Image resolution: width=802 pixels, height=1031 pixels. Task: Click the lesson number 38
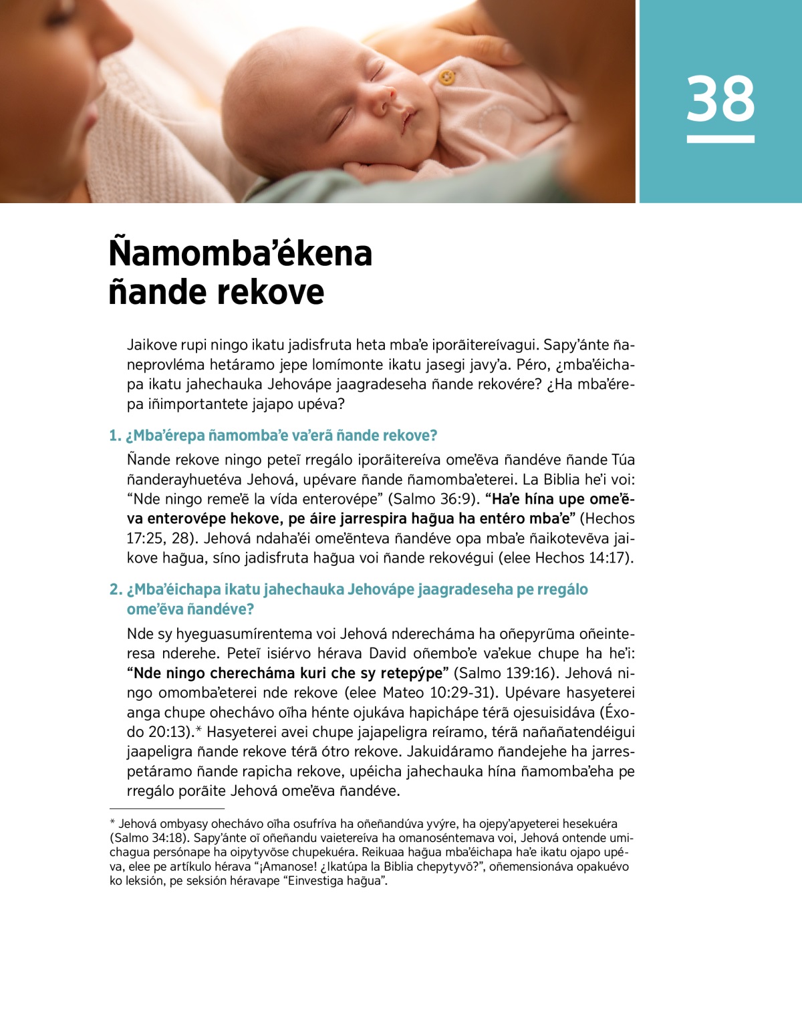click(x=720, y=98)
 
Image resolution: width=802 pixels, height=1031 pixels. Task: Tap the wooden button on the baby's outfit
click(x=446, y=78)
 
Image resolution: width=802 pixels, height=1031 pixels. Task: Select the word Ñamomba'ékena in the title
click(x=241, y=254)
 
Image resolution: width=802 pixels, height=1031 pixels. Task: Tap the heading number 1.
click(x=114, y=436)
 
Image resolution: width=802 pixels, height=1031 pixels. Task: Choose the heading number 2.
click(x=115, y=590)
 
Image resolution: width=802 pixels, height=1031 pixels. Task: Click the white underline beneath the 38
click(x=720, y=139)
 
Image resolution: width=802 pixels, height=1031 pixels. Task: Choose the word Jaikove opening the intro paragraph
click(x=152, y=345)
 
